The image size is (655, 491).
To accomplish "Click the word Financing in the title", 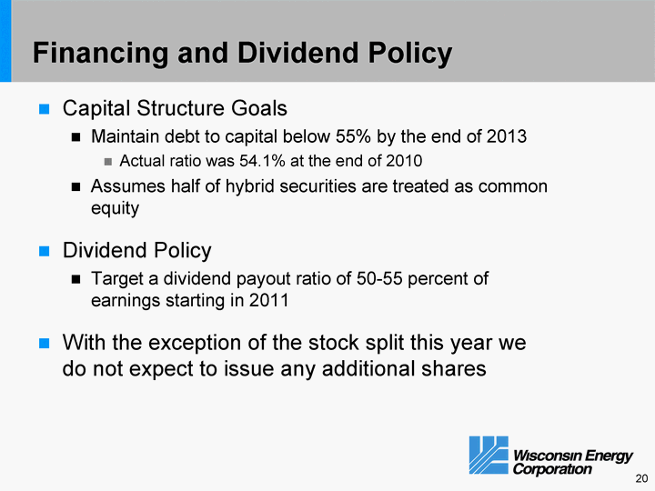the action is [x=100, y=53].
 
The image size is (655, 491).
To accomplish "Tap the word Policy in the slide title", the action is [x=409, y=53].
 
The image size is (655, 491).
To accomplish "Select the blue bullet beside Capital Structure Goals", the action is [x=44, y=109].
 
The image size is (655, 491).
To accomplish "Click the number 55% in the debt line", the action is [x=353, y=136].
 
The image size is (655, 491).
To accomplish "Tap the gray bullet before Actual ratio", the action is [x=108, y=161].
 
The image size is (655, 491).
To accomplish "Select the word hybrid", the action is [x=249, y=186].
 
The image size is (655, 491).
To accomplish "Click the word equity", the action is [x=115, y=208].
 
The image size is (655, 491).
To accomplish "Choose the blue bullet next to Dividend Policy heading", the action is [x=44, y=251].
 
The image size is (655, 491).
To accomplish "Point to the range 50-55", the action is [x=379, y=278].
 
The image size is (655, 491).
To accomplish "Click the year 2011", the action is [x=268, y=300].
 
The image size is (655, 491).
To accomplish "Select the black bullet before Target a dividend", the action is [x=76, y=279].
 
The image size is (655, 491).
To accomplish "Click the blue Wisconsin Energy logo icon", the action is [x=489, y=456].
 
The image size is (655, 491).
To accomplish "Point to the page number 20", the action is [x=641, y=478].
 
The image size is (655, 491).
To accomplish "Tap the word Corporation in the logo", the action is [x=552, y=469].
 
